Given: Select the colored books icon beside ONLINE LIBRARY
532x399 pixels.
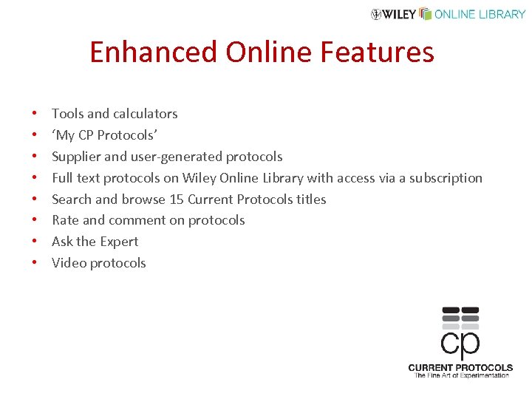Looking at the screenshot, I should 425,13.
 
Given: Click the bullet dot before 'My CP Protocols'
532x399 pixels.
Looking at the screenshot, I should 35,136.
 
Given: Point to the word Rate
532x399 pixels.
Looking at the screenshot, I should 65,220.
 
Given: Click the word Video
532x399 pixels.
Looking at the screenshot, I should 69,263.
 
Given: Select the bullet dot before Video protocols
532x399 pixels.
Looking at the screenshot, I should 35,264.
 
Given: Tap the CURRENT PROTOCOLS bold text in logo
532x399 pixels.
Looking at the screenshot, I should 460,367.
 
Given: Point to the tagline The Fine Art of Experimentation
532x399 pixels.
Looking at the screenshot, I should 461,375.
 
